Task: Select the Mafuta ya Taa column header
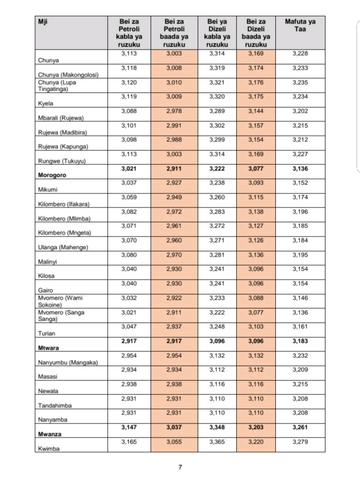300,26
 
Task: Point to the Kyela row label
45,104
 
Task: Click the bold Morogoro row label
52,175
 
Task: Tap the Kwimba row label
48,449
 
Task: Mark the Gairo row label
45,290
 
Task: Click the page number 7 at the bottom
180,467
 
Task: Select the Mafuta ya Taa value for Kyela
300,97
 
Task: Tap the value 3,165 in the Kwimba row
129,442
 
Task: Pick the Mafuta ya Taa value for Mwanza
300,427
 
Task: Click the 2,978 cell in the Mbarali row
173,111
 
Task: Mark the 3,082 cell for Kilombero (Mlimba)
129,212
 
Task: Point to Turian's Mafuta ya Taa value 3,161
300,327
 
